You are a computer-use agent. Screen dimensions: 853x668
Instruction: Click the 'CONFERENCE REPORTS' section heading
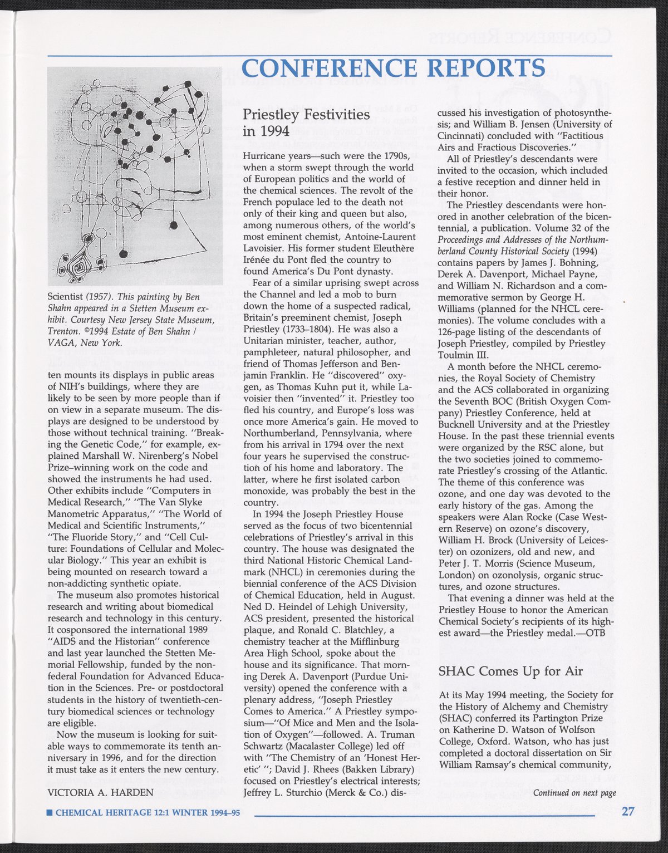(x=394, y=68)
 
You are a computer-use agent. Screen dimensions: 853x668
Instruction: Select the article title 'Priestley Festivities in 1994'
(x=306, y=122)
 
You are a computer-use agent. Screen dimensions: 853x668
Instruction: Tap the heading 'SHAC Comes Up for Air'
(x=510, y=670)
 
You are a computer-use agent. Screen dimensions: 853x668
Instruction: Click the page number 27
(x=628, y=811)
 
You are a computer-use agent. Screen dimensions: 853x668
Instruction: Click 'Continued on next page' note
(x=574, y=793)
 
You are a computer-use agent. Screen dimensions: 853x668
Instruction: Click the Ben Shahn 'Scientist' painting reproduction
(x=134, y=176)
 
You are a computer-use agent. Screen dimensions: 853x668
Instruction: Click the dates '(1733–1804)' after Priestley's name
(x=313, y=329)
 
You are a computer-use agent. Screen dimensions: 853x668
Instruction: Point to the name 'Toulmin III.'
(x=463, y=355)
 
